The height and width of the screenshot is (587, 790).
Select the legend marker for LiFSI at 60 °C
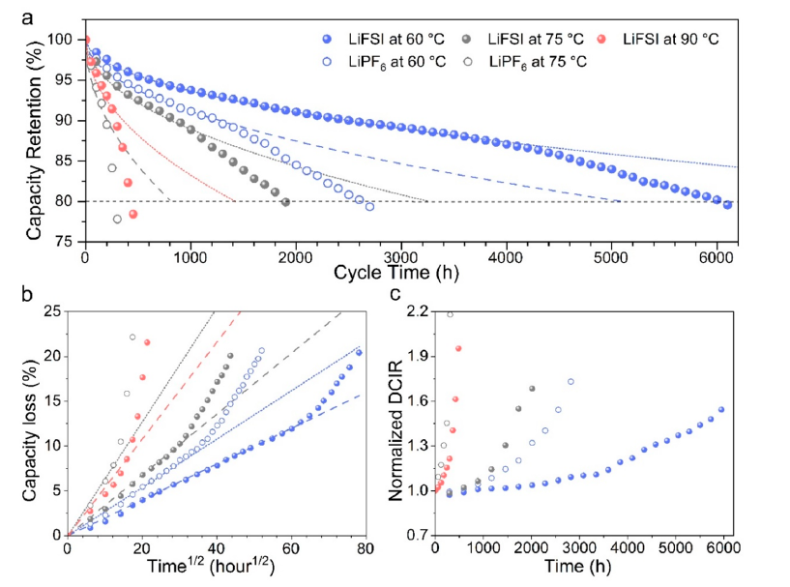pos(328,40)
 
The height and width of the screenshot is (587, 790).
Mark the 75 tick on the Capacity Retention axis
pos(67,243)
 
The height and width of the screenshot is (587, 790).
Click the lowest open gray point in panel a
pos(117,220)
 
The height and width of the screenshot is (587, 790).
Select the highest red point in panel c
pos(458,348)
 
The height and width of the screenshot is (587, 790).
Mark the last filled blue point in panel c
pos(720,409)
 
